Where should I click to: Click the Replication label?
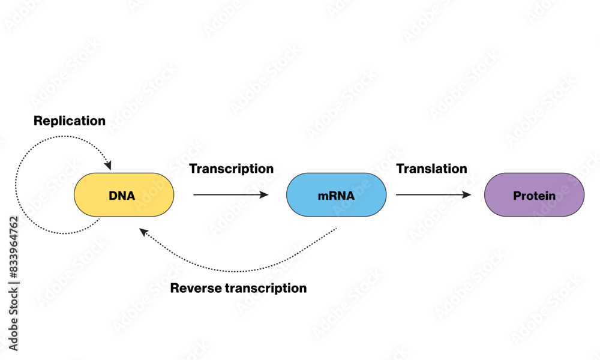pos(70,121)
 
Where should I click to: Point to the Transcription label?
pos(231,169)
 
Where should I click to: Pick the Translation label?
pos(431,169)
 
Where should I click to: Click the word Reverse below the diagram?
pos(195,288)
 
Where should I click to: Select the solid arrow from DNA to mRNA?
pos(228,194)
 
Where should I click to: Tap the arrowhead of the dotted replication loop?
pos(108,165)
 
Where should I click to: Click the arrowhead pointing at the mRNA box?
pos(264,194)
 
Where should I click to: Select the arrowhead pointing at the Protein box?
pos(467,194)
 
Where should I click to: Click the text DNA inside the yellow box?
pos(122,196)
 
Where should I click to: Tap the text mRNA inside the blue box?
pos(336,196)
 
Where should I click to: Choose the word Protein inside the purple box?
pos(534,196)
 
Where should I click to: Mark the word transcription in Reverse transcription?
pos(265,288)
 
